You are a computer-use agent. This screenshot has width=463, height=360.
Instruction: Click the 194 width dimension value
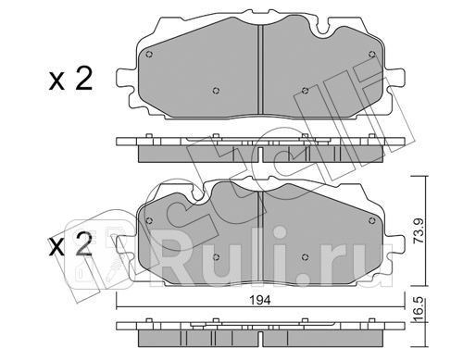(x=261, y=300)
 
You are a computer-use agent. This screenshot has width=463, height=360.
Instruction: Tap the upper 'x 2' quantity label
(x=70, y=79)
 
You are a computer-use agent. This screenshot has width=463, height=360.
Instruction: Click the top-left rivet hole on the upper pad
(x=149, y=55)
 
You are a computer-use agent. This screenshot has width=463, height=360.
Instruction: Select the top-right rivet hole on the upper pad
(x=372, y=55)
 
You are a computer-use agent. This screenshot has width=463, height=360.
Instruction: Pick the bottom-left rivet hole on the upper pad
(x=216, y=91)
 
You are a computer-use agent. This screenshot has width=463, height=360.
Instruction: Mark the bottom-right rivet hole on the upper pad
(x=305, y=91)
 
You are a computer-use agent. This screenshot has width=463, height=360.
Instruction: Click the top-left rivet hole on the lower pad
(x=149, y=220)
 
